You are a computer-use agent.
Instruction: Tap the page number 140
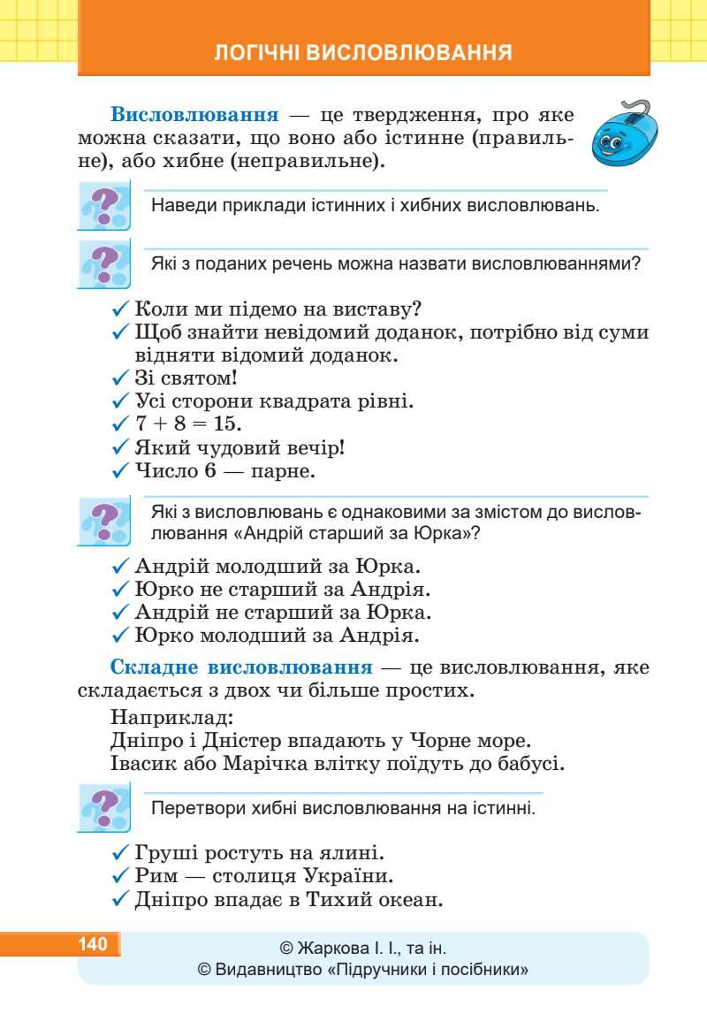[x=93, y=944]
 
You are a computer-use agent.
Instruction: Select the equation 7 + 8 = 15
[x=177, y=425]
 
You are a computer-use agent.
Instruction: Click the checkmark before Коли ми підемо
[x=121, y=310]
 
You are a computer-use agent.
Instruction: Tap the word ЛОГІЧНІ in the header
[x=255, y=52]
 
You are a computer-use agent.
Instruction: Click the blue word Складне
[x=157, y=667]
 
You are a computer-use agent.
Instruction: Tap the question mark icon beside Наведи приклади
[x=104, y=206]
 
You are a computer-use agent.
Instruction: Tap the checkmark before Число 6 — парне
[x=121, y=472]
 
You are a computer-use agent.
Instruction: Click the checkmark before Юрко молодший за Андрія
[x=121, y=636]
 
